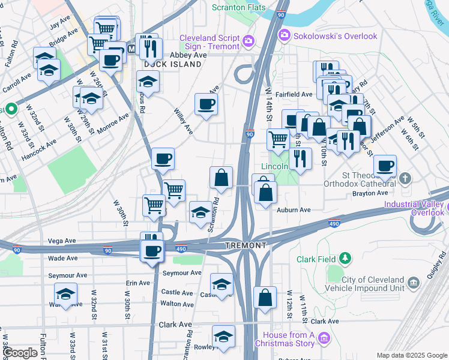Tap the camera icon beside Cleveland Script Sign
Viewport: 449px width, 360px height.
(x=249, y=41)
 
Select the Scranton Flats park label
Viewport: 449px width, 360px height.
(x=238, y=8)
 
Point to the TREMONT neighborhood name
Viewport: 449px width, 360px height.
(x=246, y=246)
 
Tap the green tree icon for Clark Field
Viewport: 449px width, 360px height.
(x=345, y=259)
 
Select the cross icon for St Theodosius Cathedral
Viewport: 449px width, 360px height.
(x=406, y=178)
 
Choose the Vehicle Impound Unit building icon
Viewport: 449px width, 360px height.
(x=413, y=282)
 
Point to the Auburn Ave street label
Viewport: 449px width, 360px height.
(x=294, y=210)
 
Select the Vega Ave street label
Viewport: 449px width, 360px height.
(x=63, y=241)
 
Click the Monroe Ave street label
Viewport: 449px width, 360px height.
(x=113, y=121)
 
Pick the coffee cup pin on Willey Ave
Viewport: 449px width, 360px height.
(x=206, y=104)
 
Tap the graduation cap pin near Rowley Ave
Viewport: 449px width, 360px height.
(x=224, y=337)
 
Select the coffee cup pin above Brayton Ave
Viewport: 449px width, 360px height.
(x=385, y=165)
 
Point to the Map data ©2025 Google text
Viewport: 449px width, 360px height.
(x=411, y=355)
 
